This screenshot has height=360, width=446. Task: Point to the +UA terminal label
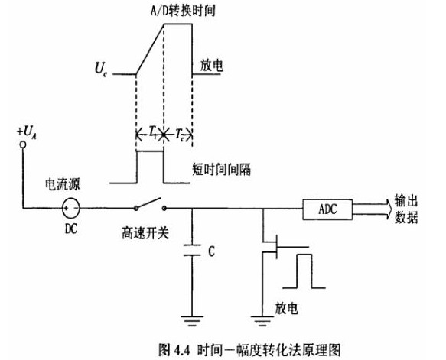click(x=25, y=135)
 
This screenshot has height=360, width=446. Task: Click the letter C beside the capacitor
click(x=211, y=251)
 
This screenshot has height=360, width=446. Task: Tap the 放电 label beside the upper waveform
click(x=211, y=66)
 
